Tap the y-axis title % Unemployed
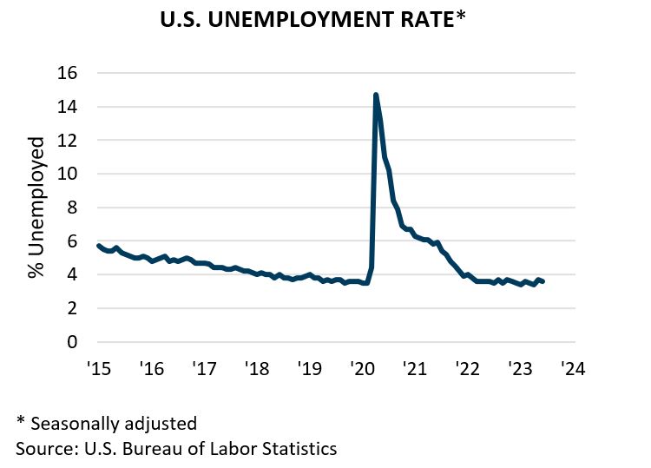tap(36, 207)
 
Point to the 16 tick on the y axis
tap(68, 73)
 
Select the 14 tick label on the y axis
tap(68, 107)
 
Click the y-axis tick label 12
tap(68, 140)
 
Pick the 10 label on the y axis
tap(68, 174)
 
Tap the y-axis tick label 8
tap(73, 208)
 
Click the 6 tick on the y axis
tap(73, 241)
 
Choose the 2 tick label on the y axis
tap(73, 308)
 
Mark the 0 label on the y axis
tap(73, 341)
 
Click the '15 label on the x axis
tap(99, 368)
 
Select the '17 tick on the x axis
tap(204, 368)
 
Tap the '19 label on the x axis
tap(310, 368)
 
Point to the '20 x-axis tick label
tap(363, 368)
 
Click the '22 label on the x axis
tap(468, 368)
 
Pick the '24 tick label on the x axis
tap(574, 368)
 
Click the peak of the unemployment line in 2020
tap(376, 95)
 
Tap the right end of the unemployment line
tap(542, 281)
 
